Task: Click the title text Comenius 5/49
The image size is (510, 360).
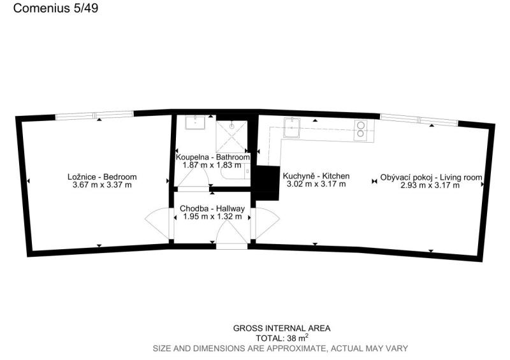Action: pos(55,8)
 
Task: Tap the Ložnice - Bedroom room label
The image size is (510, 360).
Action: pos(102,177)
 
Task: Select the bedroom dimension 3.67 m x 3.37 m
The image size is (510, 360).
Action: pos(102,185)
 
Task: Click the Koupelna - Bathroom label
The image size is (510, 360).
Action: pos(213,157)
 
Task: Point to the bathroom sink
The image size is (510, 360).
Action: pos(195,122)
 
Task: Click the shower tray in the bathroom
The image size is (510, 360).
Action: pos(232,136)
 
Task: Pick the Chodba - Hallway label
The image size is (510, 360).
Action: pos(212,208)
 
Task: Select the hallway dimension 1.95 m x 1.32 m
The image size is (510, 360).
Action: pos(212,217)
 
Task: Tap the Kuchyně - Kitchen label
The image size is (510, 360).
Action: pos(316,176)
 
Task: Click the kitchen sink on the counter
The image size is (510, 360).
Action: pos(292,127)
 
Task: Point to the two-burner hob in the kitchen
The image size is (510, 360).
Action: pos(360,130)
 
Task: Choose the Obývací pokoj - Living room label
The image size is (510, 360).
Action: pos(432,178)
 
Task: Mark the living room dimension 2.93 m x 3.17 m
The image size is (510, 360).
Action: pos(430,185)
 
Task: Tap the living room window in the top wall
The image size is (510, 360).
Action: pos(419,120)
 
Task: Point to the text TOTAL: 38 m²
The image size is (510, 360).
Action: pos(282,337)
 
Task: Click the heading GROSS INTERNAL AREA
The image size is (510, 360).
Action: pos(282,328)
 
